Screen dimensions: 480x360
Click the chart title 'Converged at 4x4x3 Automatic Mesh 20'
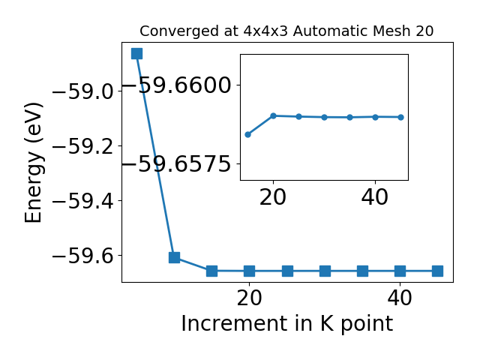286,31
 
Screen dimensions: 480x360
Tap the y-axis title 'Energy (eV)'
33,163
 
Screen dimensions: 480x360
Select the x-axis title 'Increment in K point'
287,323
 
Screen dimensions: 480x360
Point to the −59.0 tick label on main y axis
83,91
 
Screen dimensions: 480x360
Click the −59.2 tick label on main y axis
83,146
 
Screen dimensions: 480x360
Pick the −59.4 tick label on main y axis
83,201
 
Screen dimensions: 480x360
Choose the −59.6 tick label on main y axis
83,256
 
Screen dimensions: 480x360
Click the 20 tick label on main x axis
250,298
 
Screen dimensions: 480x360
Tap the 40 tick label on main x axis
400,298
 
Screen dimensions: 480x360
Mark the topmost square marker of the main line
136,53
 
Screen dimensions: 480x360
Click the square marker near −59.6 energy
175,257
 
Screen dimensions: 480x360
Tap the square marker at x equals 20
250,271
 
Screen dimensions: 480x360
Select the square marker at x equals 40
400,271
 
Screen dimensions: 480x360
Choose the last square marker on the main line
437,271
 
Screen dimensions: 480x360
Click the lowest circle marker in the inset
248,134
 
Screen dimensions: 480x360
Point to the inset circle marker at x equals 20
273,115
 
